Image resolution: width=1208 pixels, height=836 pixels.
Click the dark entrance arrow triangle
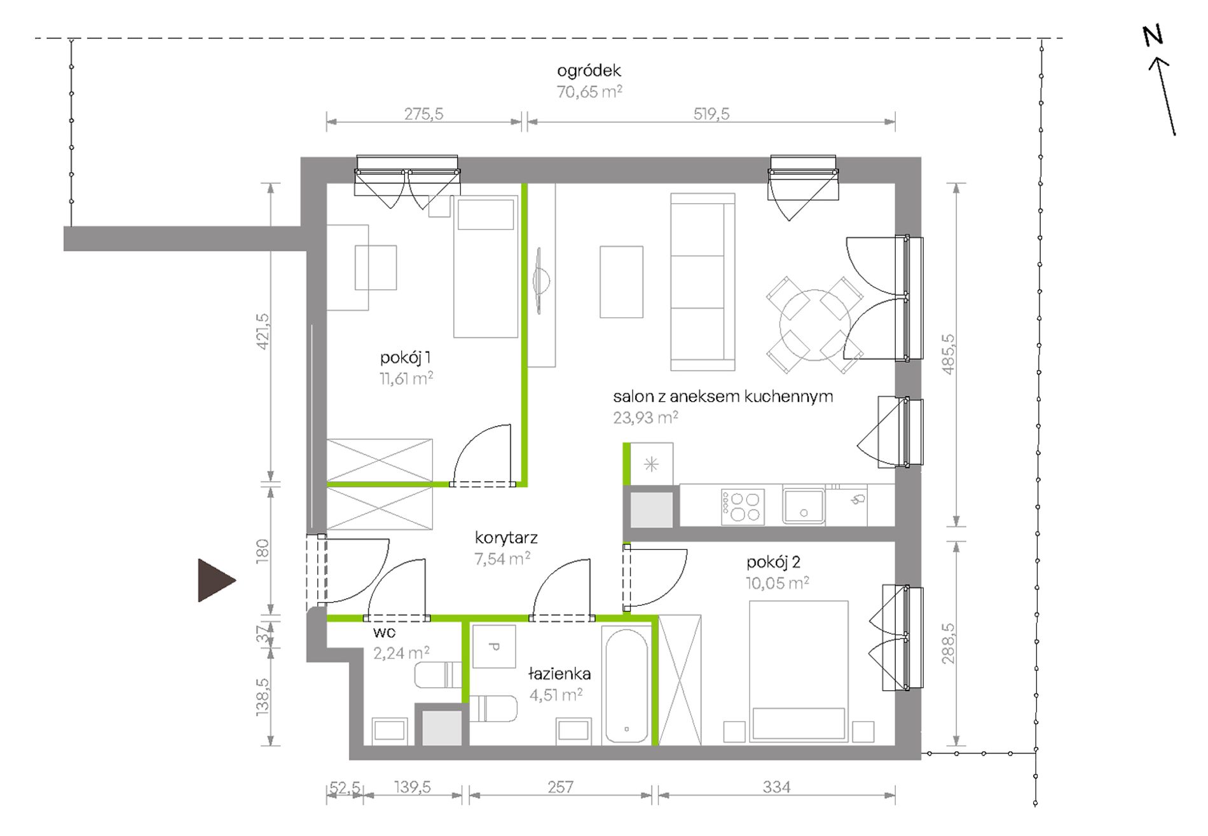(x=215, y=580)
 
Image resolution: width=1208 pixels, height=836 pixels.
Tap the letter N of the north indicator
(x=1153, y=36)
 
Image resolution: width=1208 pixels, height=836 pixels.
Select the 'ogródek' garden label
(x=589, y=71)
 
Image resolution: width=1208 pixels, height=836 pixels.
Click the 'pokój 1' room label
(x=406, y=358)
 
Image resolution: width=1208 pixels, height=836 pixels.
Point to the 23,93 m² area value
(x=645, y=417)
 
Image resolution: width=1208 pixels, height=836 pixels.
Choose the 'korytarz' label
(x=506, y=538)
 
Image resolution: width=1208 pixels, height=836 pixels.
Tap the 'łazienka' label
(x=559, y=673)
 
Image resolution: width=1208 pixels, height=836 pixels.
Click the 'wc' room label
(x=385, y=633)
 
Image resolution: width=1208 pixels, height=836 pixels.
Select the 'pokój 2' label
(x=773, y=562)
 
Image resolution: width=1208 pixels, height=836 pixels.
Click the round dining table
(x=814, y=324)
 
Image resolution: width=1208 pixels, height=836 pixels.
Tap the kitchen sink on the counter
(x=804, y=506)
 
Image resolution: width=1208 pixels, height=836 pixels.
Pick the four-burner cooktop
(x=743, y=507)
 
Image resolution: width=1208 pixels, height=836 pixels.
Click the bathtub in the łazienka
(x=626, y=685)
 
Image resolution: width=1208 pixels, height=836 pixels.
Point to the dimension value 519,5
(x=711, y=114)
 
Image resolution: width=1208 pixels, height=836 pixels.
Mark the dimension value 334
(x=776, y=787)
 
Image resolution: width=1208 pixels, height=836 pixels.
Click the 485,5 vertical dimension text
(x=947, y=354)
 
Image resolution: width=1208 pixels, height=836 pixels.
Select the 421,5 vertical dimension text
(x=263, y=331)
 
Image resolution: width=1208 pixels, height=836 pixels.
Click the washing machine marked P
(x=494, y=647)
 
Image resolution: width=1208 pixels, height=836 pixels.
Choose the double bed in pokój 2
(x=799, y=671)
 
